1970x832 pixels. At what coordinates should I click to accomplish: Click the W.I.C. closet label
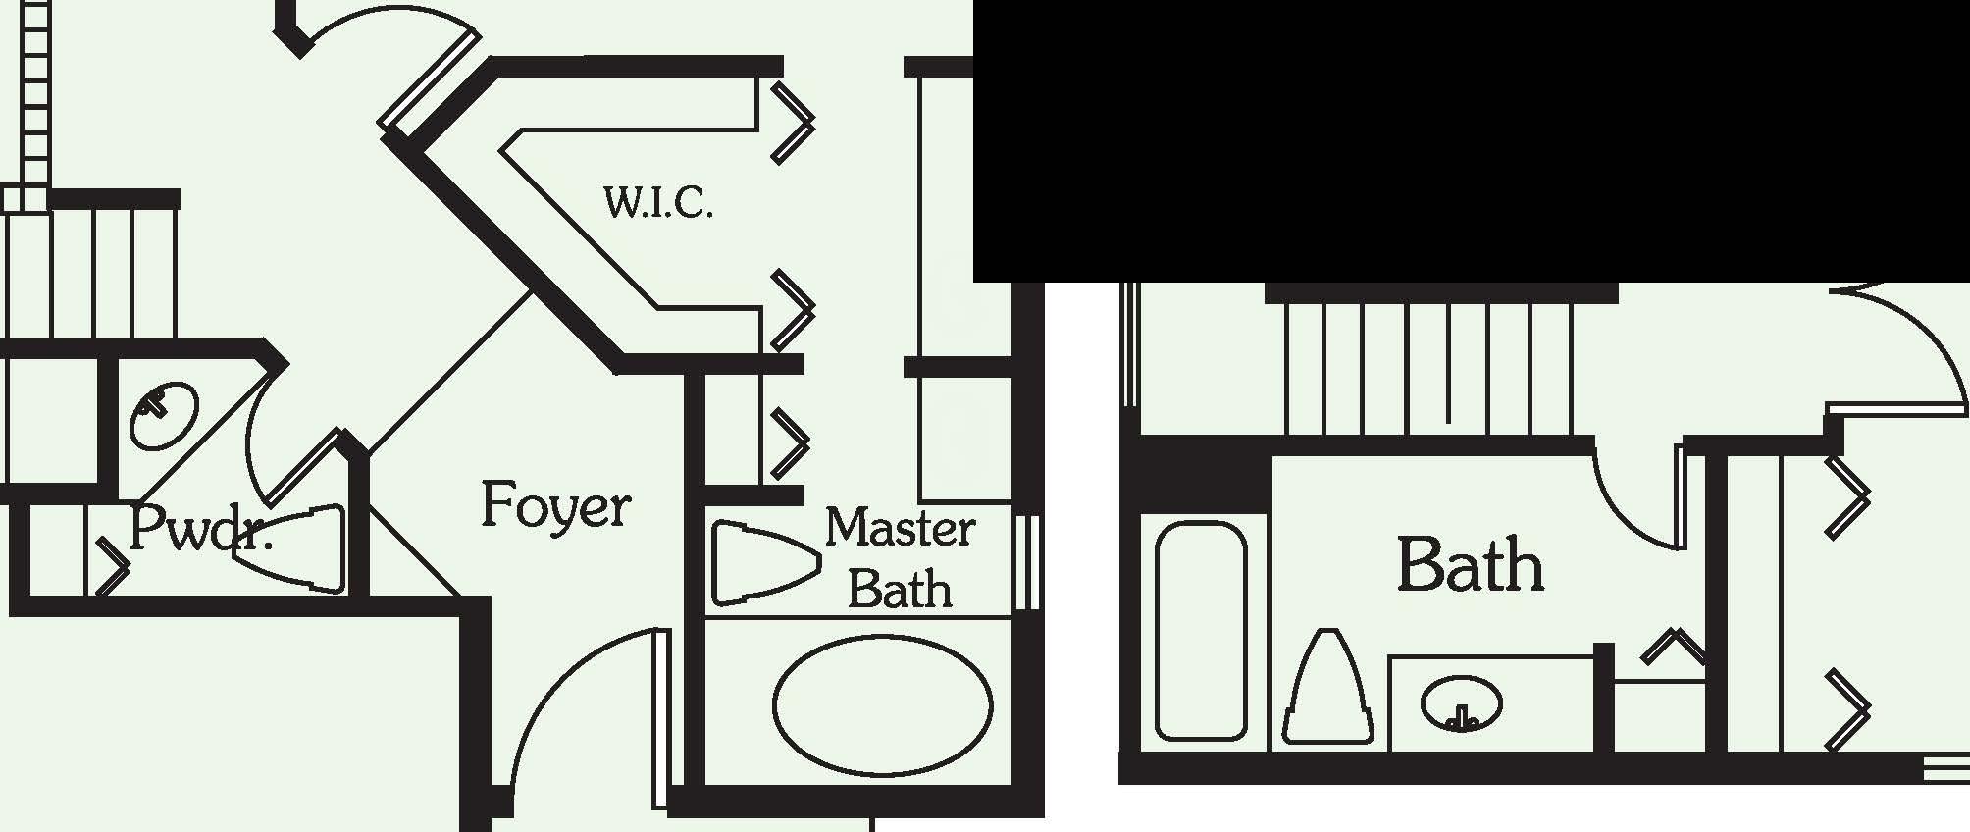pyautogui.click(x=658, y=203)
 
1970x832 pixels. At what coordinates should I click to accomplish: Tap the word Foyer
pyautogui.click(x=555, y=506)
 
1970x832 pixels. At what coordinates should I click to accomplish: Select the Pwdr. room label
pyautogui.click(x=199, y=530)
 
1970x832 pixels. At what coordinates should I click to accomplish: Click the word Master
pyautogui.click(x=900, y=529)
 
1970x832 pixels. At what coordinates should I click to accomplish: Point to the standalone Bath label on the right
pyautogui.click(x=1470, y=565)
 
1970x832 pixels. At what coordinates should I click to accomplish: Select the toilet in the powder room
pyautogui.click(x=294, y=548)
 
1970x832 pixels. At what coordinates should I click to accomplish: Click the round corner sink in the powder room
pyautogui.click(x=163, y=415)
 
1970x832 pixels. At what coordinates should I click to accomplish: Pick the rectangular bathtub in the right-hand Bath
pyautogui.click(x=1201, y=631)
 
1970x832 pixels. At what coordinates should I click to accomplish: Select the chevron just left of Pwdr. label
pyautogui.click(x=111, y=566)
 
